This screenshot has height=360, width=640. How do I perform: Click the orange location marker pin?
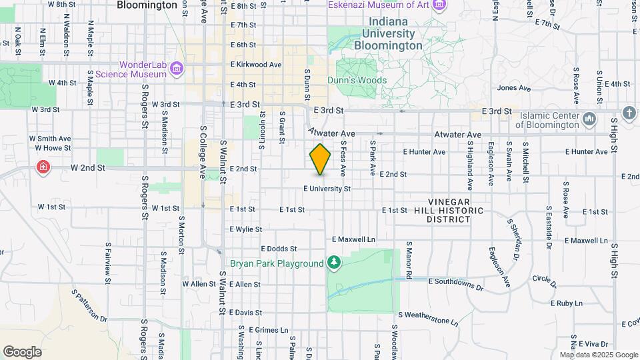[x=320, y=159]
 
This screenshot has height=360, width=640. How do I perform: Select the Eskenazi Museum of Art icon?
[x=439, y=5]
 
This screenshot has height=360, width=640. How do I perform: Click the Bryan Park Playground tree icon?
[x=334, y=263]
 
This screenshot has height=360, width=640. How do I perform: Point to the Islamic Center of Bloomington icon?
[x=589, y=120]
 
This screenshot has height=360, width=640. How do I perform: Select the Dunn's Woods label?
[x=357, y=80]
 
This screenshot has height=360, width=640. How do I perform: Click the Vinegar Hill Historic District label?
[x=458, y=210]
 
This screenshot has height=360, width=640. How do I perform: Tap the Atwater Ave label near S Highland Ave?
[x=457, y=135]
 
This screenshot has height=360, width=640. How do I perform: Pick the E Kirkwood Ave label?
[x=256, y=65]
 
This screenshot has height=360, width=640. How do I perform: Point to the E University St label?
[x=327, y=189]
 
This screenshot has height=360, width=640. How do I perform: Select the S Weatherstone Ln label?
[x=429, y=318]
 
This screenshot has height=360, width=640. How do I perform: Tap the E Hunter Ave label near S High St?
[x=586, y=152]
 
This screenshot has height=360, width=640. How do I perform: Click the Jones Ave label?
[x=513, y=88]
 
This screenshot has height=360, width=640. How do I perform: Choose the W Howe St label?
[x=53, y=148]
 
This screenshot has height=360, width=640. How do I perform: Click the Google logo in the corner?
[x=22, y=351]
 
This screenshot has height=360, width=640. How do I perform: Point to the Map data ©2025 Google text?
[x=599, y=355]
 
